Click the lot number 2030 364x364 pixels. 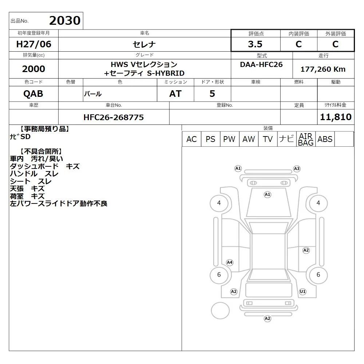click(65, 21)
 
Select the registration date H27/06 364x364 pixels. click(33, 44)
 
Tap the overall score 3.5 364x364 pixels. click(255, 44)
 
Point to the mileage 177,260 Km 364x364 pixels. click(323, 69)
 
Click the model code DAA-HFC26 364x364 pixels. click(261, 64)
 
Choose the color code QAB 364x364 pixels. click(33, 94)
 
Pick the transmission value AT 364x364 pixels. click(175, 94)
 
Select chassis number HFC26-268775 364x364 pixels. click(114, 117)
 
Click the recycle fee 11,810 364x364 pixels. click(336, 117)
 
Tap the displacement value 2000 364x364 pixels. click(33, 69)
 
